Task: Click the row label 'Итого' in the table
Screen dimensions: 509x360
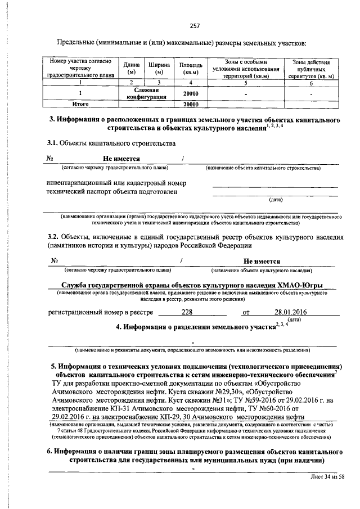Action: [82, 104]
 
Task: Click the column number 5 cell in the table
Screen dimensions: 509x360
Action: [246, 82]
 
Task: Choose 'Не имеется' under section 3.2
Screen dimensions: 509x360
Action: [262, 261]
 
